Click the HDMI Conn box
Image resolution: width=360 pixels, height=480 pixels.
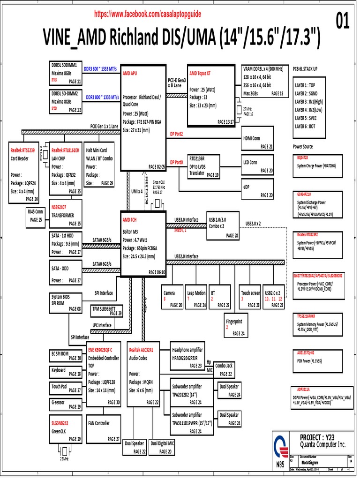point(258,139)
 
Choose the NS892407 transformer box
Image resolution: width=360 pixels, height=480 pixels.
point(66,208)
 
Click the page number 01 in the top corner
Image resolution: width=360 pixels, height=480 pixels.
point(343,21)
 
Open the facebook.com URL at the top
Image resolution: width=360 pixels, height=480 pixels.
point(148,14)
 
